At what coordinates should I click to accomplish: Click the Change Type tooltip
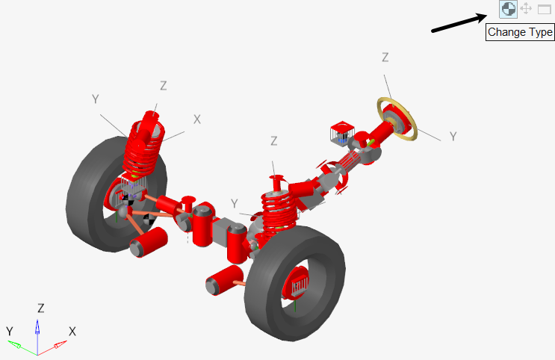[x=520, y=32]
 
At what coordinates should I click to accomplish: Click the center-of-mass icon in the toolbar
[x=508, y=9]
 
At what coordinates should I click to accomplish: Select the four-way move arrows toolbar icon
[x=527, y=8]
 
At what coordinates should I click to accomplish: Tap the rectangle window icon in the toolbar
[x=545, y=9]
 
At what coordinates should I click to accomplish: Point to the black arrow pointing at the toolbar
[x=459, y=23]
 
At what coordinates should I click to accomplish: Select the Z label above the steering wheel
[x=385, y=58]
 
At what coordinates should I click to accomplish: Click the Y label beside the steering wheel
[x=453, y=136]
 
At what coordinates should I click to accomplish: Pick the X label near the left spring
[x=197, y=120]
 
